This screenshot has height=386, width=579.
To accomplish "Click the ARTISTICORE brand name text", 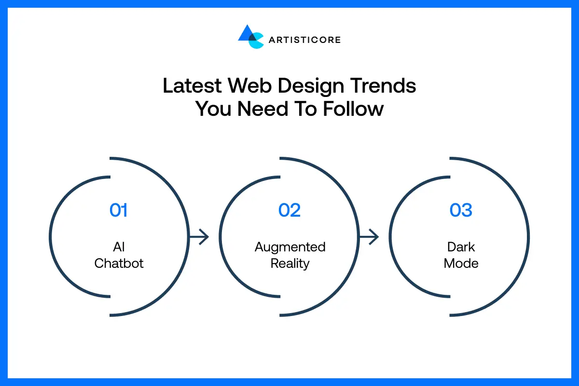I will coord(305,40).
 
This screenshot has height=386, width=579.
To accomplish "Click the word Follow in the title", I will coord(354,109).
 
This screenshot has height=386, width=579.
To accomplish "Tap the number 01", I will coord(119,210).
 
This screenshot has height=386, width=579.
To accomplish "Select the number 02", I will coord(289,210).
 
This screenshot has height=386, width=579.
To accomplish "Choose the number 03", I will coord(461,210).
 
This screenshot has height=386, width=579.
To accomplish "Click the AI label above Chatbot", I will coord(119,247).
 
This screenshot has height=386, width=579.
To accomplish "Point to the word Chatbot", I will coord(119,263).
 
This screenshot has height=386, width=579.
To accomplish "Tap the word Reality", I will coord(290,264).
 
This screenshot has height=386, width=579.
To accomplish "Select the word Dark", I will coord(461,247).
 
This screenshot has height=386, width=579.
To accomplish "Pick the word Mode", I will coord(461,263).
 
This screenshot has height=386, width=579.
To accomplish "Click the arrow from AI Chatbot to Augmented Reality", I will coord(199,237).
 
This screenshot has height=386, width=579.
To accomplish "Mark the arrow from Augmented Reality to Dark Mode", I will coord(369,237).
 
